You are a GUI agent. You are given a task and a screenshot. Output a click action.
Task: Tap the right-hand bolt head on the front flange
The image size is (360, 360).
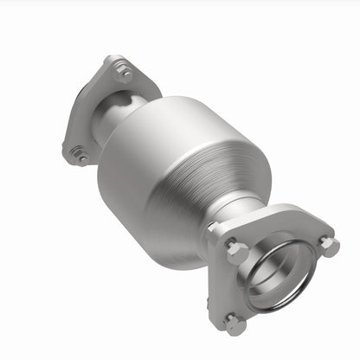coord(328,245)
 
